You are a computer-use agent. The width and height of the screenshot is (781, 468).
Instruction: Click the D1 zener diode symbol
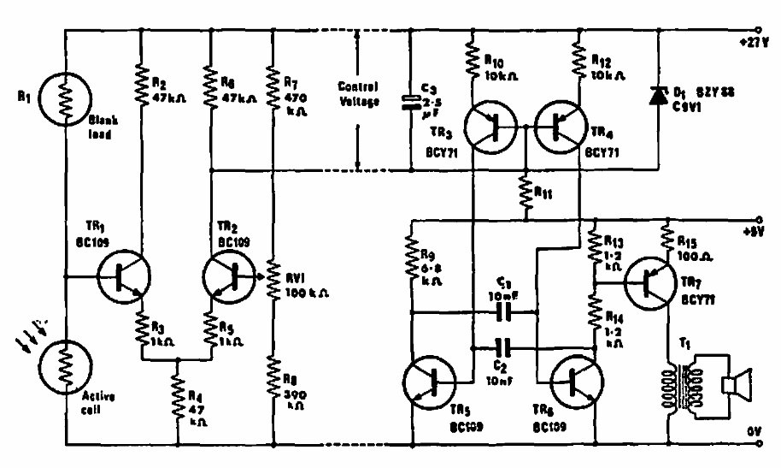[x=658, y=97]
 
